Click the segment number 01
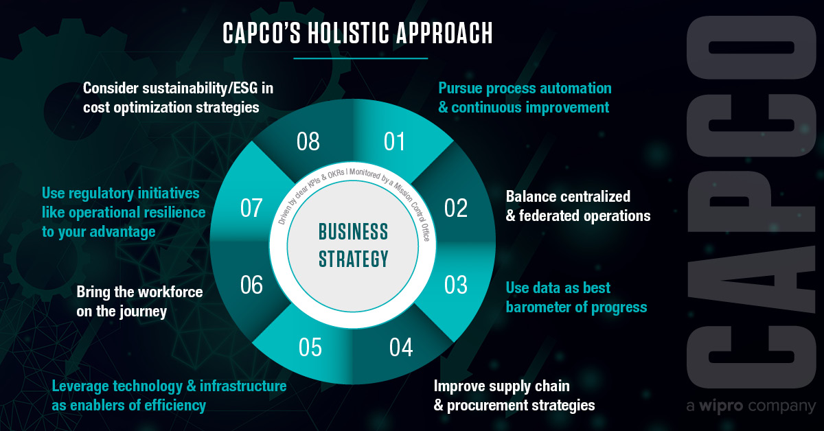click(394, 142)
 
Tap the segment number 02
click(455, 208)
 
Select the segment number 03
click(455, 284)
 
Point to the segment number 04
click(400, 348)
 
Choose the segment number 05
click(310, 348)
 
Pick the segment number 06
click(252, 285)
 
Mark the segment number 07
click(252, 208)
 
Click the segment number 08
click(308, 142)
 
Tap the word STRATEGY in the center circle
click(354, 259)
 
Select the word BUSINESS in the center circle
click(354, 231)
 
